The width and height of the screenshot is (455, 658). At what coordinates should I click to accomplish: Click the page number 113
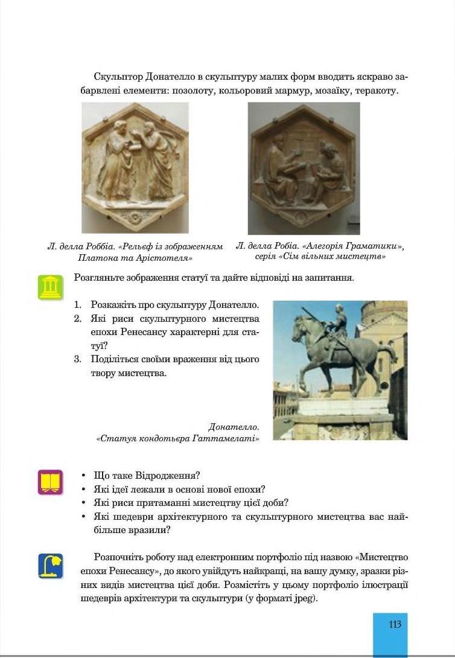(395, 624)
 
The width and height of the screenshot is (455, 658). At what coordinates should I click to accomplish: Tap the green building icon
(50, 287)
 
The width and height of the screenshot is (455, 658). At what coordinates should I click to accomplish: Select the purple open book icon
(50, 482)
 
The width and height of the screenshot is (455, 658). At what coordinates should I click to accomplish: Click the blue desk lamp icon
(50, 566)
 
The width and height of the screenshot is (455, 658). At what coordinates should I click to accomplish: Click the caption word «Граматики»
(374, 246)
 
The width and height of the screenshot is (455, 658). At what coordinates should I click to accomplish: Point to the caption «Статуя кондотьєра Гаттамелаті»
(178, 438)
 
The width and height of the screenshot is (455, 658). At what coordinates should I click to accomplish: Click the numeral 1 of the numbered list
(77, 305)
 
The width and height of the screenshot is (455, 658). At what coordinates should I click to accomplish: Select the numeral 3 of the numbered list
(77, 359)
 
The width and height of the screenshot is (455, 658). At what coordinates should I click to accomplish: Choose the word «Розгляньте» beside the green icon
(99, 278)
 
